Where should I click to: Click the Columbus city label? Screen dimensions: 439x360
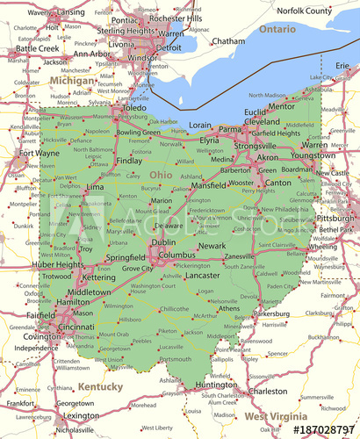point(176,255)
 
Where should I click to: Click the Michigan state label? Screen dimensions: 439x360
point(72,80)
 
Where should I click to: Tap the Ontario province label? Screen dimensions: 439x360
point(277,29)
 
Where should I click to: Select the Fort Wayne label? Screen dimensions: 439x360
point(35,154)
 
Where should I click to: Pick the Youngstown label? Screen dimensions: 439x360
point(313,155)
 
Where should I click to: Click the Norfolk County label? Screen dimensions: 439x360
point(305,11)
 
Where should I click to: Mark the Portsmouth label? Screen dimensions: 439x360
point(175,359)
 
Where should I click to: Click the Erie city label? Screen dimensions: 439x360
point(342,66)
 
